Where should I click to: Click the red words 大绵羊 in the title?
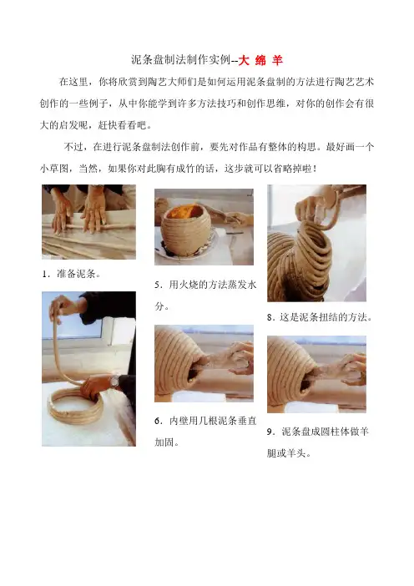[x=260, y=60]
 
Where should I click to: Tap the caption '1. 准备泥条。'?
[x=71, y=274]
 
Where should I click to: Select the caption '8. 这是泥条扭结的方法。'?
[x=320, y=317]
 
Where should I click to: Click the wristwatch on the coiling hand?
[x=114, y=381]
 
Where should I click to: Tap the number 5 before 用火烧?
[x=157, y=285]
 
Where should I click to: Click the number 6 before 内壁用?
[x=157, y=422]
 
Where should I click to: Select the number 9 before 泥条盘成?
[x=270, y=432]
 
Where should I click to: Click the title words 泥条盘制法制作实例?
[x=180, y=60]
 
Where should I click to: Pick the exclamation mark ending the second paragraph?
[x=315, y=169]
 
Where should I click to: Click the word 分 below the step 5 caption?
[x=159, y=306]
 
